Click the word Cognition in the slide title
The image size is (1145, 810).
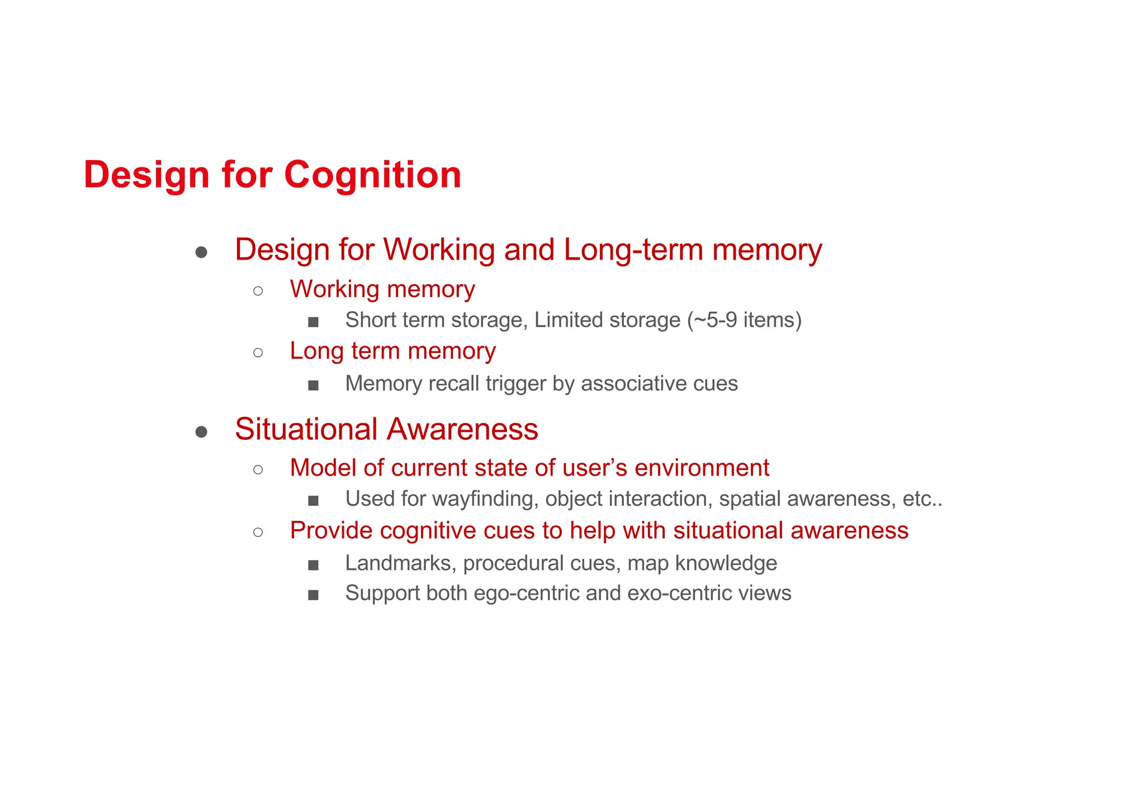click(372, 175)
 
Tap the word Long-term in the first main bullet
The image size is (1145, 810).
click(633, 249)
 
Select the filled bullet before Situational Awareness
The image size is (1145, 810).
click(201, 432)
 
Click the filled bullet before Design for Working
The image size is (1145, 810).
click(201, 253)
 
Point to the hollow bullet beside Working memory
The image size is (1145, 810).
click(258, 290)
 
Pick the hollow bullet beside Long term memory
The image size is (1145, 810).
click(258, 352)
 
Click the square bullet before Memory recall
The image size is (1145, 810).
click(313, 385)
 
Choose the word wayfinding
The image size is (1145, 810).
click(485, 499)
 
